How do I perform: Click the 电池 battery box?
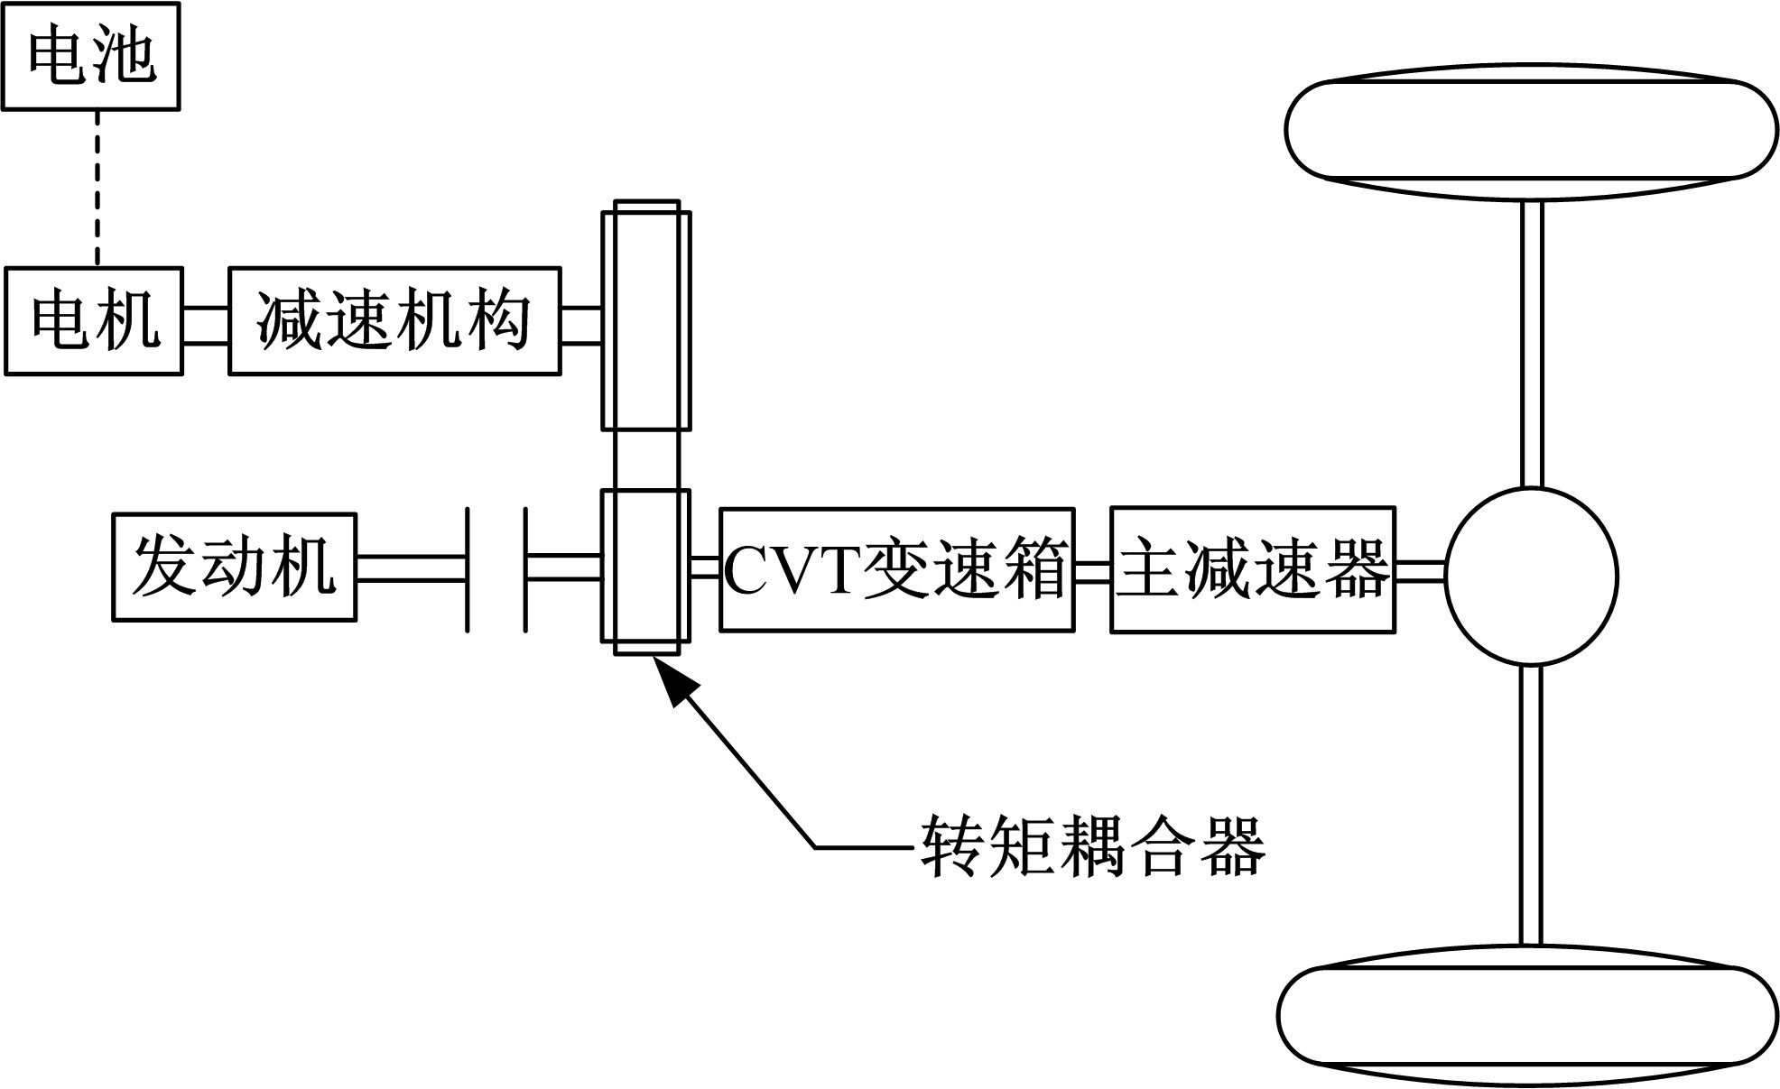[x=90, y=56]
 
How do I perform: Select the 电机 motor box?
[x=94, y=321]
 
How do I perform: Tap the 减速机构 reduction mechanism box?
[x=394, y=321]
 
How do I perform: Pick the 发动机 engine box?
[x=234, y=568]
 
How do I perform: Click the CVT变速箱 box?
[x=896, y=569]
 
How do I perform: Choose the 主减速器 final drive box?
[x=1252, y=569]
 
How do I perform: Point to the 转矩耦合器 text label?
[x=1092, y=846]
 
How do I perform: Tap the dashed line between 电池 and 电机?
[x=97, y=188]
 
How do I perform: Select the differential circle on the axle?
[x=1531, y=577]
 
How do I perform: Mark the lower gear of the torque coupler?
[x=646, y=567]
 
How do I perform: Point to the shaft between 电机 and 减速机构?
[x=206, y=325]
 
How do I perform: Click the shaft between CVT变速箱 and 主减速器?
[x=1092, y=572]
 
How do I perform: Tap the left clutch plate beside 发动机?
[x=468, y=569]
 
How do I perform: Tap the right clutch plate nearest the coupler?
[x=525, y=569]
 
